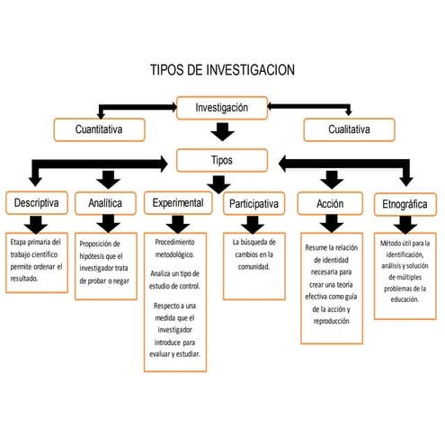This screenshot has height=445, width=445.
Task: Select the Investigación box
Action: tap(222, 108)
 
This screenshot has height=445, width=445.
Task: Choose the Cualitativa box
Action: tap(348, 130)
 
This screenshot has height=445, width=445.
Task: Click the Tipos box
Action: tap(221, 160)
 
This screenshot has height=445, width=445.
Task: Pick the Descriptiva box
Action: tap(35, 204)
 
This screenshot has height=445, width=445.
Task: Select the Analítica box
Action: tap(105, 204)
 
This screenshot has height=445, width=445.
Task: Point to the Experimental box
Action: tap(178, 204)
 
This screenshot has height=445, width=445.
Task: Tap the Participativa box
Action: tap(254, 205)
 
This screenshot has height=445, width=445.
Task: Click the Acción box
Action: tap(330, 205)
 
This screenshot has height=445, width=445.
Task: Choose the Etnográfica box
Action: tap(405, 205)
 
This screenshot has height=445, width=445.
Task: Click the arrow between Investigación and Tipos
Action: tap(222, 135)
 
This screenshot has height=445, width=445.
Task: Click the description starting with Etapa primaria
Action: tap(35, 261)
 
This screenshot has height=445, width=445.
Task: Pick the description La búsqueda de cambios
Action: tap(254, 254)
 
